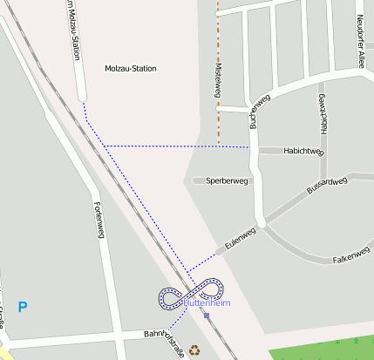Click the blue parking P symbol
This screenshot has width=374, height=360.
tap(23, 306)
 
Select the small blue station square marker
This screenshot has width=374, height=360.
tap(207, 316)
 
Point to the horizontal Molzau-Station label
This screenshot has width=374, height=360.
tap(130, 68)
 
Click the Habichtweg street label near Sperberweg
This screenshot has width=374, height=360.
tap(303, 152)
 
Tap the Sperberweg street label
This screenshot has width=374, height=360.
tap(228, 181)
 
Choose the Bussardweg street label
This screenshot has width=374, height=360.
tap(328, 185)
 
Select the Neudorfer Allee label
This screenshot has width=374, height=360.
tap(360, 41)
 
